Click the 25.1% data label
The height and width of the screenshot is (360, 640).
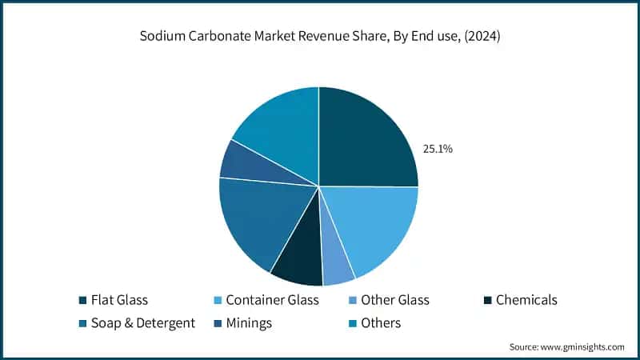[x=438, y=149]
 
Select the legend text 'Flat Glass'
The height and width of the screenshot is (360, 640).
[x=119, y=300]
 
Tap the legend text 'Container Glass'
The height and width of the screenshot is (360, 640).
[x=272, y=300]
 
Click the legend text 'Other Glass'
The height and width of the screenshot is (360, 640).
[x=394, y=300]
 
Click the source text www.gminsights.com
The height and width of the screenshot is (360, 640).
[x=583, y=346]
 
